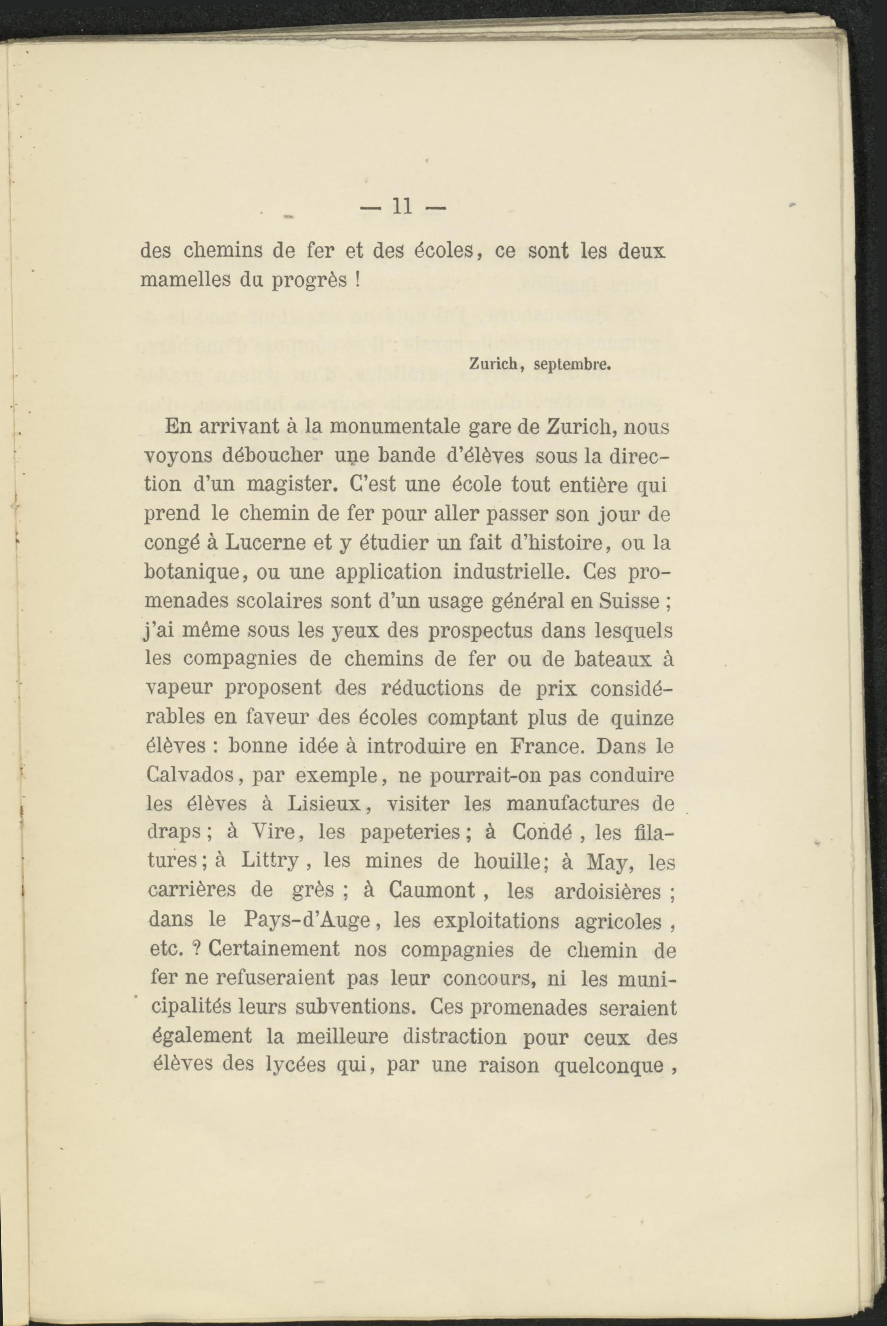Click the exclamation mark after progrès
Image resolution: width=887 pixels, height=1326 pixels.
(x=357, y=280)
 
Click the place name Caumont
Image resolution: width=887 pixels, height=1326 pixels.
(x=432, y=890)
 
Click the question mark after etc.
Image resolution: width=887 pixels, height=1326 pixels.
(x=197, y=948)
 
